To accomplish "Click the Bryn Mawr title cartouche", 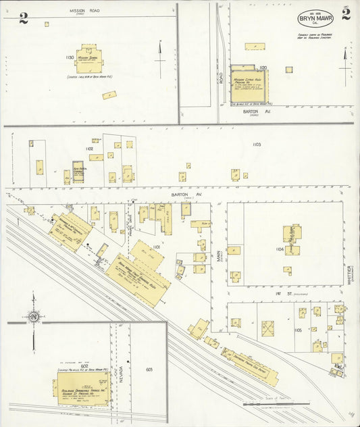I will pyautogui.click(x=315, y=18).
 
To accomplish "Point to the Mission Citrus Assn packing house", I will pyautogui.click(x=249, y=85).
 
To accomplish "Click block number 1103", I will pyautogui.click(x=257, y=145).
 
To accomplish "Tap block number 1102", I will pyautogui.click(x=89, y=149).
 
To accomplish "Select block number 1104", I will pyautogui.click(x=280, y=249).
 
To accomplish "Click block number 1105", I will pyautogui.click(x=298, y=330).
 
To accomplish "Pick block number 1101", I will pyautogui.click(x=156, y=247).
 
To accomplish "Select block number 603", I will pyautogui.click(x=149, y=370).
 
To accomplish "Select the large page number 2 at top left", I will pyautogui.click(x=23, y=18).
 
